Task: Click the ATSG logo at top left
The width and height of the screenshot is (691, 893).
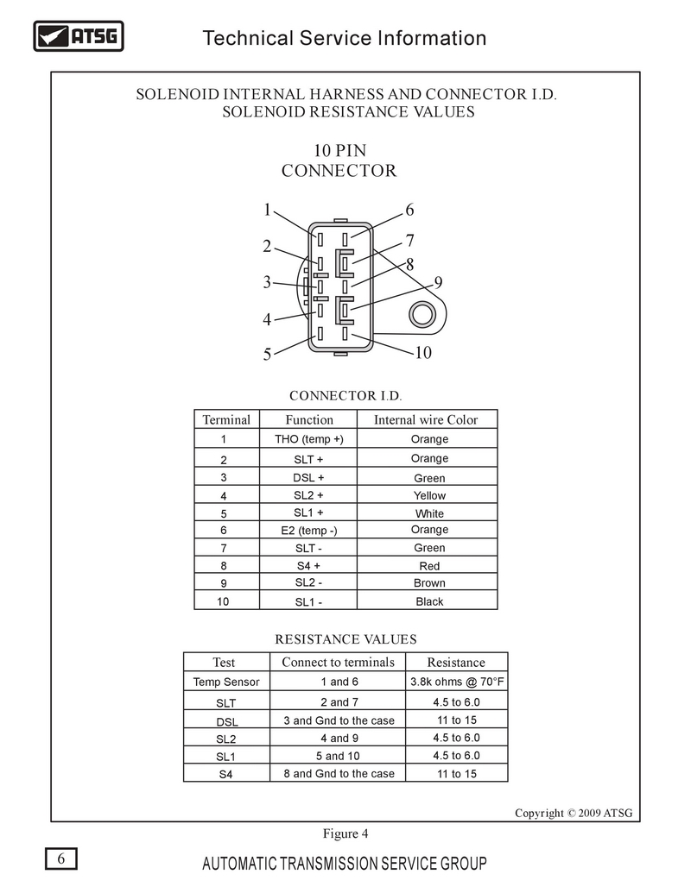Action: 79,36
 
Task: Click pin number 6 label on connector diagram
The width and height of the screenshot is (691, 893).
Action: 409,211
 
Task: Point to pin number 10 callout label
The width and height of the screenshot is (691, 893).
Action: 423,353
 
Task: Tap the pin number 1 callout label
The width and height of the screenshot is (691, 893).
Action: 267,211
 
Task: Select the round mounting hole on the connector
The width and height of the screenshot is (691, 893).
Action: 422,314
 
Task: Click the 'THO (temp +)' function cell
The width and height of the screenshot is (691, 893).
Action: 308,439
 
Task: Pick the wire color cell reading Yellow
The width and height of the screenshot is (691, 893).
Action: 429,495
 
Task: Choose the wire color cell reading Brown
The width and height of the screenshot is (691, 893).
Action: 429,582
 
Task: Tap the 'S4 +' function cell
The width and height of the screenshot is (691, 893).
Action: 308,565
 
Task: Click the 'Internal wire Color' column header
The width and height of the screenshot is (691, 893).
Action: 426,419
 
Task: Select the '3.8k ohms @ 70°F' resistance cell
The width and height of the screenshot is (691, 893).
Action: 457,682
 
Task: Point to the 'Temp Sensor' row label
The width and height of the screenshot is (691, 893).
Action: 226,682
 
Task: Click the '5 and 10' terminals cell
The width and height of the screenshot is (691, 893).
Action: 338,756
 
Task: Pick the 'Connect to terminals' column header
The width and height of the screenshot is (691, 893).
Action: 338,663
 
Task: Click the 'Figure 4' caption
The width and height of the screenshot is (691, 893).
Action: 345,833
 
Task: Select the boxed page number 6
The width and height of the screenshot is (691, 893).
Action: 61,858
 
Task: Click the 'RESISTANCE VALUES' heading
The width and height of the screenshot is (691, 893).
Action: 345,639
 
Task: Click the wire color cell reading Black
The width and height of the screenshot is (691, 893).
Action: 429,601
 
